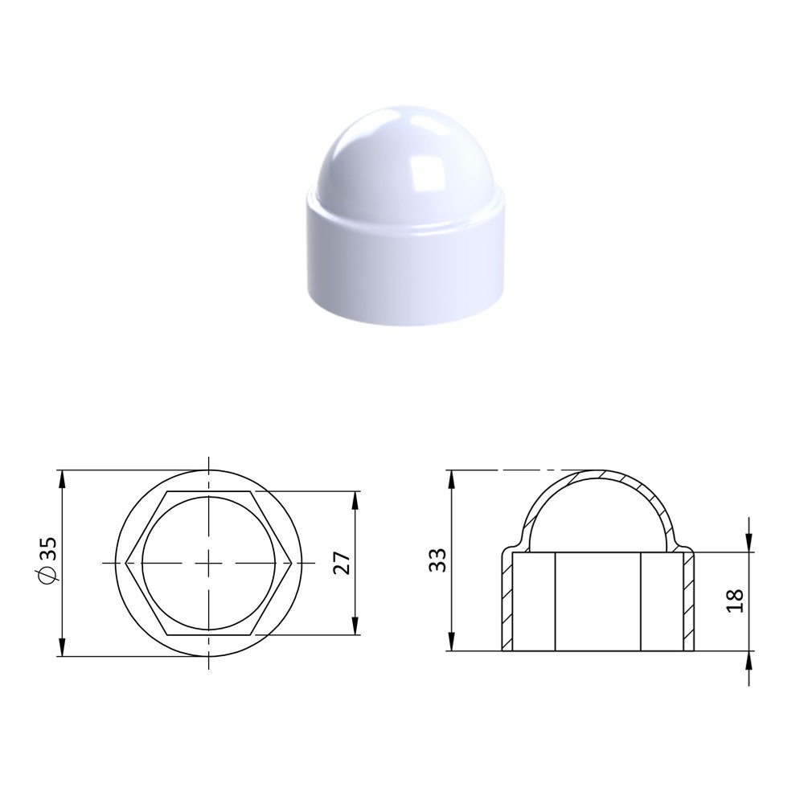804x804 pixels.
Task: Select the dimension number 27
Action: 342,563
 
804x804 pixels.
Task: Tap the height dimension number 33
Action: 437,560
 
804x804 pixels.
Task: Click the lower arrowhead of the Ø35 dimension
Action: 62,646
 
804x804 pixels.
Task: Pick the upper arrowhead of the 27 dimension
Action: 355,501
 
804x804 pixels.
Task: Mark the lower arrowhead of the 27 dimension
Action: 355,626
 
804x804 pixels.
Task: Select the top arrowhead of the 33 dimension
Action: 452,479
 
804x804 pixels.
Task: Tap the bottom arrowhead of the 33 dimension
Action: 452,641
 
